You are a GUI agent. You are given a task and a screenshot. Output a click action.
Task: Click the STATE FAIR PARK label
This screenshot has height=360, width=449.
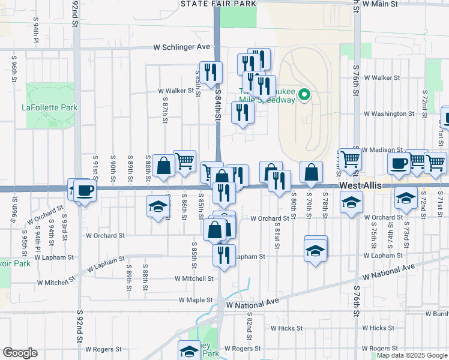pos(218,4)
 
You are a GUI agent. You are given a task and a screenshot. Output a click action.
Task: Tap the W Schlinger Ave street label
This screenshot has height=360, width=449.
pos(182,46)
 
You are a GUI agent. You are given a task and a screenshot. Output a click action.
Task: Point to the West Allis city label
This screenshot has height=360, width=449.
pos(360,186)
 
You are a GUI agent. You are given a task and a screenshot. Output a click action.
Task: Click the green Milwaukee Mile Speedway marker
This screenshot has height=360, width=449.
pos(304,95)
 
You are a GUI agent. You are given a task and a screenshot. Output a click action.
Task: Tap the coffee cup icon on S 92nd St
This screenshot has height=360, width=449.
pos(85,191)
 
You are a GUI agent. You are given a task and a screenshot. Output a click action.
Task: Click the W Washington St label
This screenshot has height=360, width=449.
pos(385,113)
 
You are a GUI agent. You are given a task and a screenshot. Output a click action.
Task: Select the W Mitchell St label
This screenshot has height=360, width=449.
pos(194,278)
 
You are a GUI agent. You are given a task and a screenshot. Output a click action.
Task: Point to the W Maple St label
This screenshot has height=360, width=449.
pos(196,299)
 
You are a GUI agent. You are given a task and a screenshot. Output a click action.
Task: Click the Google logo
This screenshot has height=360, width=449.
pos(20,353)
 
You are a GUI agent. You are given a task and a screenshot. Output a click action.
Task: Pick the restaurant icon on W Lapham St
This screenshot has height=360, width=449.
pos(224,256)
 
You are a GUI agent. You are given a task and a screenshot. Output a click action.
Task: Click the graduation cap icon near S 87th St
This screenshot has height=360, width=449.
pos(158,207)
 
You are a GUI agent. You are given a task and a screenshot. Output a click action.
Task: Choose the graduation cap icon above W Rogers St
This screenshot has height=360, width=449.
pos(189,351)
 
